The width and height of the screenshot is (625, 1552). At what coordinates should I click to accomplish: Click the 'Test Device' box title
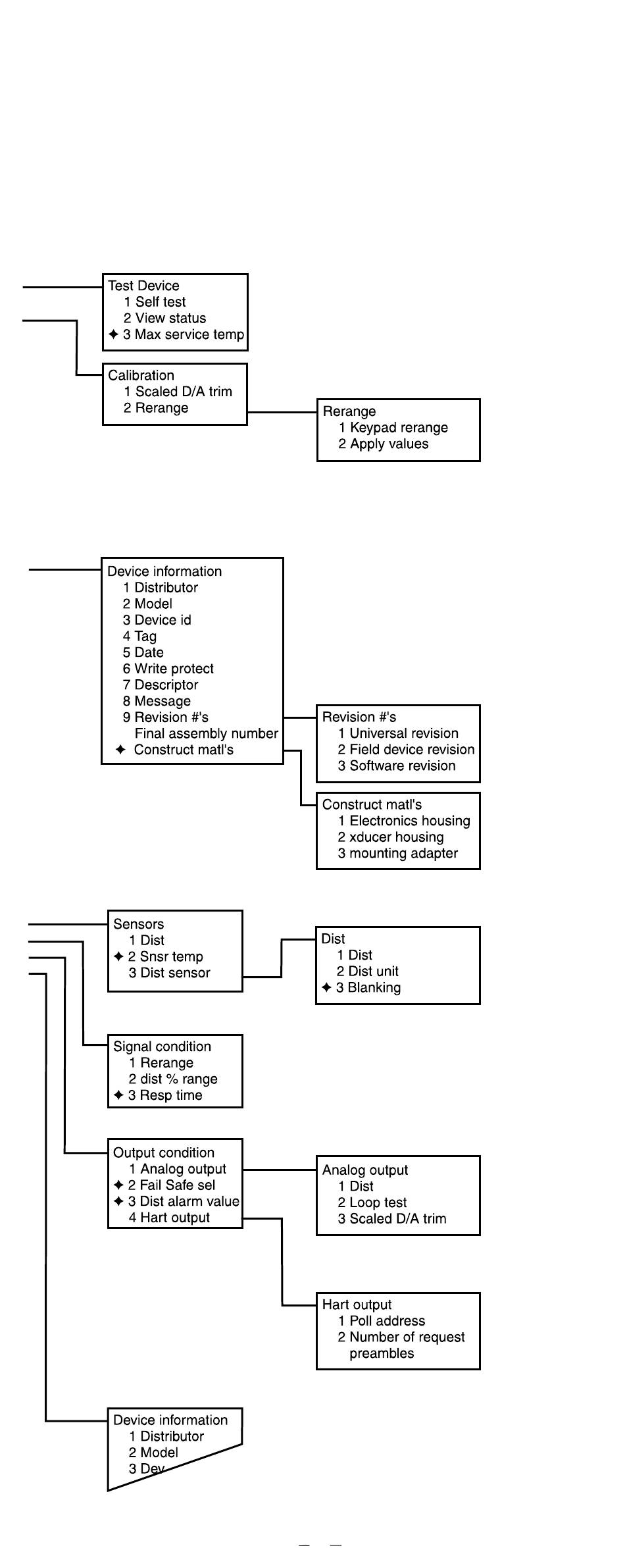coord(143,286)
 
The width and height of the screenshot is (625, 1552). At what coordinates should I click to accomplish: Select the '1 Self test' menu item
coord(155,302)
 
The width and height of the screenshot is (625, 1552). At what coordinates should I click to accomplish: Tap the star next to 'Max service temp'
coord(113,334)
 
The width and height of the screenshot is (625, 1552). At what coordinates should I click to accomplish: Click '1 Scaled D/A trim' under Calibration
coord(178,392)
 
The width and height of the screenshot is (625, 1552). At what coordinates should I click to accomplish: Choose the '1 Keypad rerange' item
coord(393,428)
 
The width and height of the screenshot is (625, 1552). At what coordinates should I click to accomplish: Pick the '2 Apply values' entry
coord(383,444)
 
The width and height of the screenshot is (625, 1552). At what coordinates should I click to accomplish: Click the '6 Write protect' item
coord(168,669)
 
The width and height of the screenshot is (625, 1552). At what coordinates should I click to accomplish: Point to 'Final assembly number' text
coord(206,734)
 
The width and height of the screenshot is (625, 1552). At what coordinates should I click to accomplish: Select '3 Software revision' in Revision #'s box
coord(396,766)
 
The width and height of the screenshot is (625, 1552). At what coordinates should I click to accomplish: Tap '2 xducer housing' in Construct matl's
coord(390,837)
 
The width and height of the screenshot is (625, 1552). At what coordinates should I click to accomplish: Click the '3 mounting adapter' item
coord(397,854)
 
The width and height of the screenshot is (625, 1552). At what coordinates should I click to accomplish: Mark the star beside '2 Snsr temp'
coord(118,956)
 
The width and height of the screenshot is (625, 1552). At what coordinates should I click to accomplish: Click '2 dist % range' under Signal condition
coord(172,1079)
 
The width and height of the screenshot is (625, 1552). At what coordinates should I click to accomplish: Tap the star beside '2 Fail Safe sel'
coord(118,1185)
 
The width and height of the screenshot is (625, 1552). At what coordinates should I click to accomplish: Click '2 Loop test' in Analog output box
coord(372,1203)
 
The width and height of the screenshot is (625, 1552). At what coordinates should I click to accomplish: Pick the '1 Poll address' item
coord(381,1321)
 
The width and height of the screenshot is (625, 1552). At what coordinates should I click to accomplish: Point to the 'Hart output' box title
coord(357,1305)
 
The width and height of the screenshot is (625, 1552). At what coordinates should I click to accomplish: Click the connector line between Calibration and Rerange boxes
coord(282,412)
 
